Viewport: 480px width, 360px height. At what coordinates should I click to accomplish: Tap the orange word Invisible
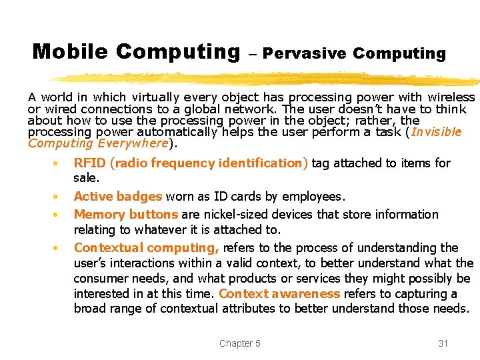coord(436,131)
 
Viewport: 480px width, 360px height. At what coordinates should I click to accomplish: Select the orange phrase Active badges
coord(118,197)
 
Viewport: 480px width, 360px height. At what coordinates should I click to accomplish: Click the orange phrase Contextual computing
coord(146,248)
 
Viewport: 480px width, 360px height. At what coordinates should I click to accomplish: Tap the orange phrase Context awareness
coord(279,294)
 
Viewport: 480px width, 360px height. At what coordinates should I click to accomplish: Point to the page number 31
coord(443,343)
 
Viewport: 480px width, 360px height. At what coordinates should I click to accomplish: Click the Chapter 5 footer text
coord(240,343)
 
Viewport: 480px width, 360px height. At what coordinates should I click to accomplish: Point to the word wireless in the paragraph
coord(452,97)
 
